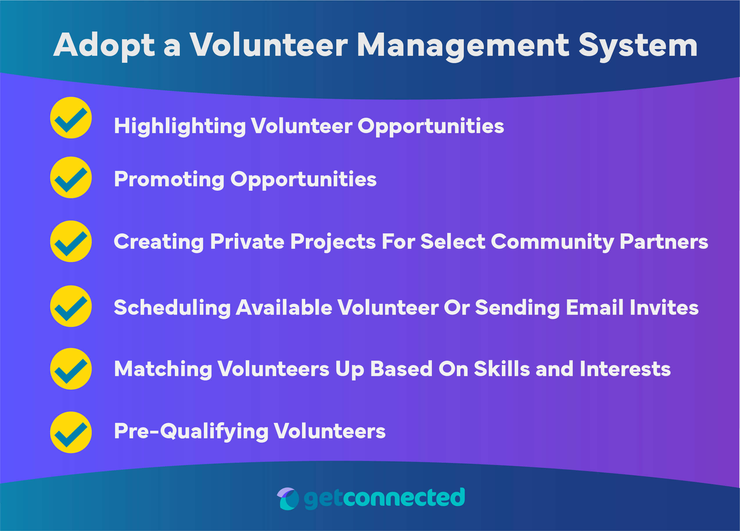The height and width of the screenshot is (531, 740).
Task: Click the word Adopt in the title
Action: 104,46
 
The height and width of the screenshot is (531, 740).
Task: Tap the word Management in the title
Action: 463,46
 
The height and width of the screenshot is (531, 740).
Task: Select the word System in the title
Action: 638,46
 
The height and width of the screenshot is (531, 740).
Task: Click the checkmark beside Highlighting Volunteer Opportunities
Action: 71,118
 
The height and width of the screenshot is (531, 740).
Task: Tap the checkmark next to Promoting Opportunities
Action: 71,178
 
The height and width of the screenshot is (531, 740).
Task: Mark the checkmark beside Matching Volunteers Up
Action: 71,369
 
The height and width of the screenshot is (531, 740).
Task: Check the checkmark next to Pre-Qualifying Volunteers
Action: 71,433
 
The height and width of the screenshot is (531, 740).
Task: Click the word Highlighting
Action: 179,126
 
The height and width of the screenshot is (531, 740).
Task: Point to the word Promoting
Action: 169,180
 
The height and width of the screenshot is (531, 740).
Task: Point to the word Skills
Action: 502,369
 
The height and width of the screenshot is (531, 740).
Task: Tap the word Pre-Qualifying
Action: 191,432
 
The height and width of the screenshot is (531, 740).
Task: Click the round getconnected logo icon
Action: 288,499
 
